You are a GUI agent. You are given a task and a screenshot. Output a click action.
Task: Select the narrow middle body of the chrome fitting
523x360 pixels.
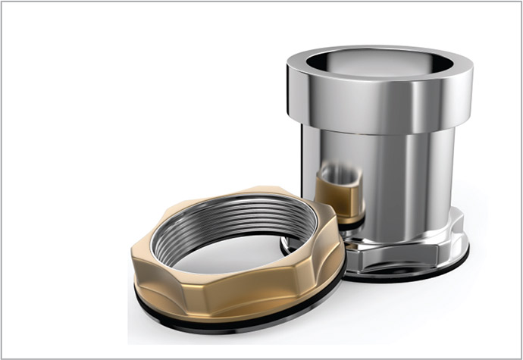point(402,174)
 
